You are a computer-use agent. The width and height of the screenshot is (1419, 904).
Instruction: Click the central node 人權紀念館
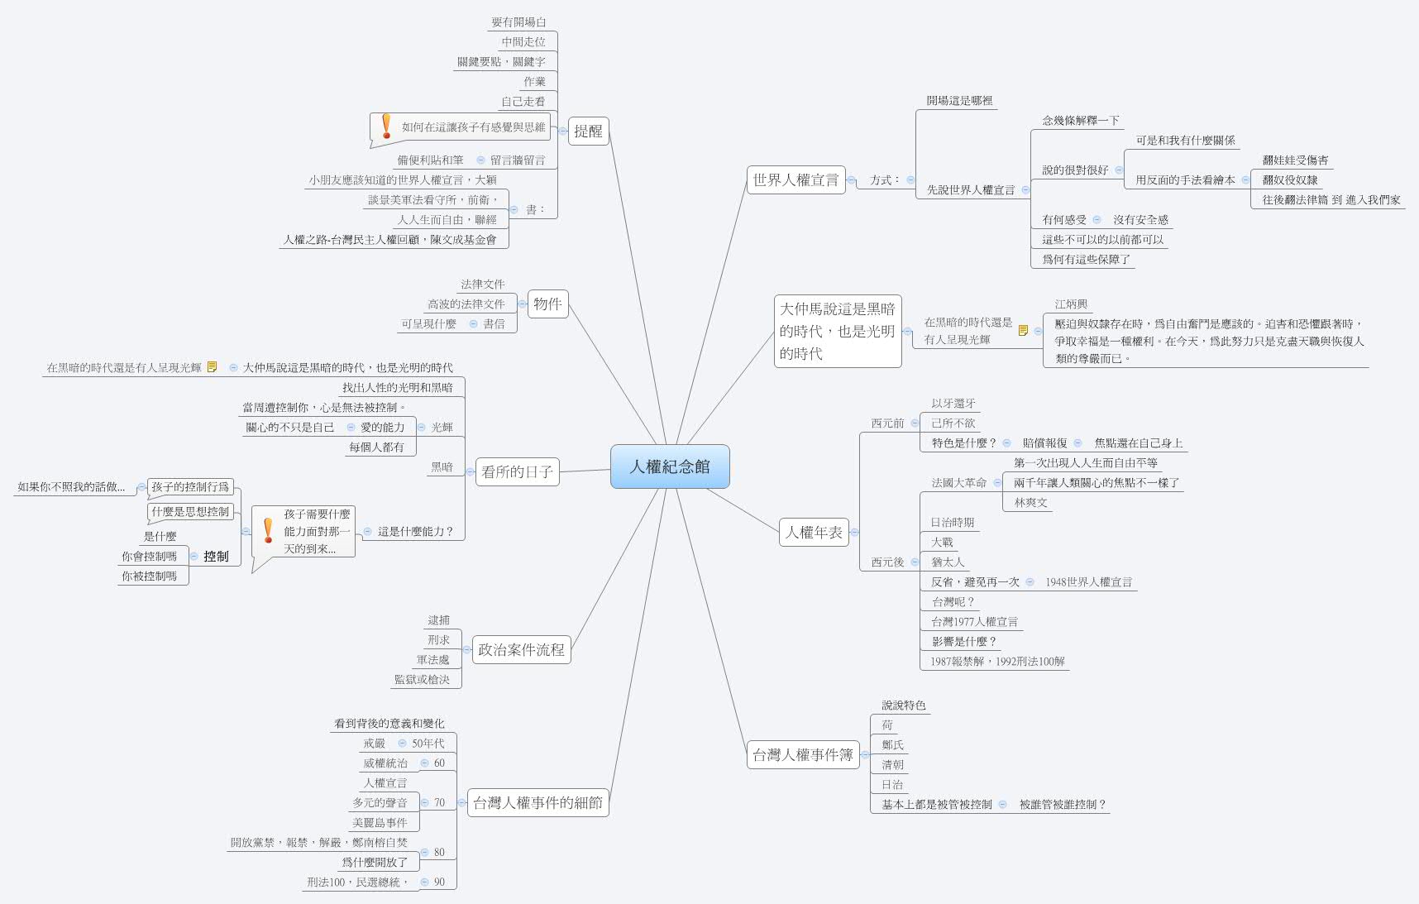[670, 466]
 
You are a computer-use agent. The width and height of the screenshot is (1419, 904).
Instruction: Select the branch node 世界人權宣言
[795, 179]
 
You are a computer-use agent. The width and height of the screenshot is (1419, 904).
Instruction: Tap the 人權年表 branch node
[814, 532]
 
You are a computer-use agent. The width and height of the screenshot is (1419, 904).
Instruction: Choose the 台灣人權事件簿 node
[802, 754]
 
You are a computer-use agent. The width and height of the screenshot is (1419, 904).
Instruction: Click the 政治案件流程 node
[521, 649]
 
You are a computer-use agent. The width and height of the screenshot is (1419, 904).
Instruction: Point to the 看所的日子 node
[517, 471]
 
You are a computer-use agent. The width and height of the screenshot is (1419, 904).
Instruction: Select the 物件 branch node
[547, 304]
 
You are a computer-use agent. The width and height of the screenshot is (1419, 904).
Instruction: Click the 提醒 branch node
[588, 131]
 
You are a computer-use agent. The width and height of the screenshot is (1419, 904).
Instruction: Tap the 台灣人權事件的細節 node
[537, 802]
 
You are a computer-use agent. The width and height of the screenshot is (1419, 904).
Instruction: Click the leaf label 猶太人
[948, 562]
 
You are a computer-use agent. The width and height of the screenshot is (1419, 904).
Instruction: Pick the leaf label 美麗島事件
[380, 823]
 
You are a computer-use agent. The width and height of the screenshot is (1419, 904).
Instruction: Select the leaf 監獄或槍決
[422, 680]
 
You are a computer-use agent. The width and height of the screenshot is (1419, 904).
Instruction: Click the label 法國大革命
[958, 483]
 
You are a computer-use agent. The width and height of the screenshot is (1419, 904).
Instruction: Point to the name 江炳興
[1071, 304]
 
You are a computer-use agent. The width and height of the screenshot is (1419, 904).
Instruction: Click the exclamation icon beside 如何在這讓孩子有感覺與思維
[385, 126]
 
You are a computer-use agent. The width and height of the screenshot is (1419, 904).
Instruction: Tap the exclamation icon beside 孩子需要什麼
[267, 530]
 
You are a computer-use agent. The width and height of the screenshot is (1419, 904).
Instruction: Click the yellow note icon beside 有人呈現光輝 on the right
[1023, 331]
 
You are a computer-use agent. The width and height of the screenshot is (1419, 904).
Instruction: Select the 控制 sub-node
[216, 557]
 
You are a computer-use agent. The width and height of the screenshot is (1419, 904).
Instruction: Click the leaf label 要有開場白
[518, 22]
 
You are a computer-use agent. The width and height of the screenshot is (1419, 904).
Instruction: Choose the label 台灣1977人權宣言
[974, 622]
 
